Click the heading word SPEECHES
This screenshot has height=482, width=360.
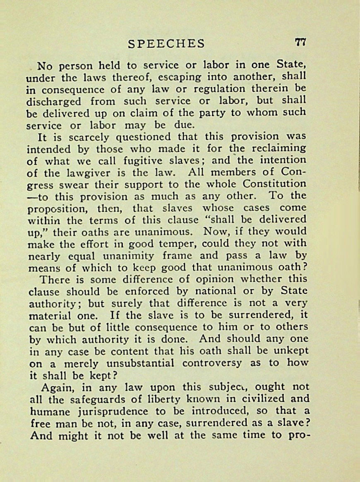166,43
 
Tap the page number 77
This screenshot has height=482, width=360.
300,42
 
